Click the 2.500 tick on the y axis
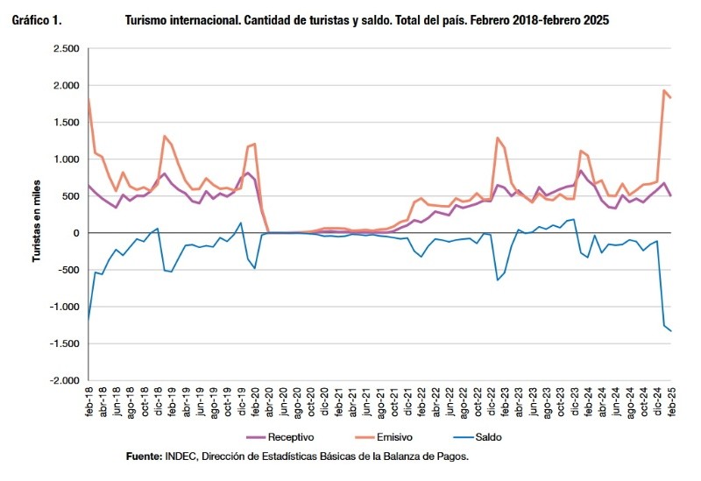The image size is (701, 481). pyautogui.click(x=65, y=49)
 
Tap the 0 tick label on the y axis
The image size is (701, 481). pyautogui.click(x=75, y=233)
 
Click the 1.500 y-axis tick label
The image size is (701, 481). pyautogui.click(x=65, y=123)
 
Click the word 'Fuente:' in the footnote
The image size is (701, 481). pyautogui.click(x=143, y=456)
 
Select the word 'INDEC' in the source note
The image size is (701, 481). pyautogui.click(x=182, y=456)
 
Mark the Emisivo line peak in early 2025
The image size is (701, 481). pyautogui.click(x=663, y=90)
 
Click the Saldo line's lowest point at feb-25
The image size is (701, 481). pyautogui.click(x=671, y=331)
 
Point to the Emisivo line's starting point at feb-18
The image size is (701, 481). pyautogui.click(x=89, y=98)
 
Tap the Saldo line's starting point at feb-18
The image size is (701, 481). pyautogui.click(x=89, y=319)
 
